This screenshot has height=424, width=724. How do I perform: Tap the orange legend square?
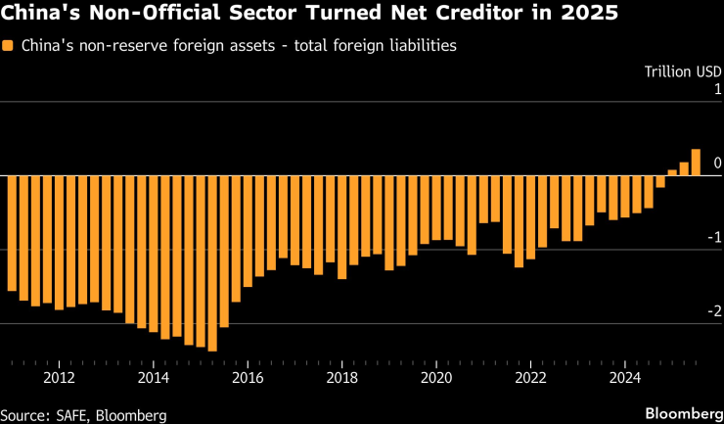pyautogui.click(x=8, y=46)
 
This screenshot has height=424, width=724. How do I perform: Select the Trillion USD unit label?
pyautogui.click(x=682, y=71)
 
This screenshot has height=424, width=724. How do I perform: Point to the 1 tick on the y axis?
pyautogui.click(x=717, y=90)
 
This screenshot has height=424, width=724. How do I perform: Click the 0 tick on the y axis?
pyautogui.click(x=717, y=164)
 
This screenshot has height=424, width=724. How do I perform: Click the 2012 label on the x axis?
pyautogui.click(x=60, y=377)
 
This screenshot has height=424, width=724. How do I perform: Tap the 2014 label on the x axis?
pyautogui.click(x=154, y=377)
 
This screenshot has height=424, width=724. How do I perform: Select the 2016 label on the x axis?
pyautogui.click(x=249, y=377)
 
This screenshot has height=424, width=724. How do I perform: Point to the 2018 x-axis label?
pyautogui.click(x=342, y=377)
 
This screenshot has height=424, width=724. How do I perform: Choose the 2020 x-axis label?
pyautogui.click(x=436, y=377)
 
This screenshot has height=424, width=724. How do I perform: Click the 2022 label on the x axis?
pyautogui.click(x=531, y=377)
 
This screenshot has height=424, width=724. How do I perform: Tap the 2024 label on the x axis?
pyautogui.click(x=625, y=377)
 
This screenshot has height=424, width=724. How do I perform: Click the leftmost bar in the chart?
pyautogui.click(x=13, y=233)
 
